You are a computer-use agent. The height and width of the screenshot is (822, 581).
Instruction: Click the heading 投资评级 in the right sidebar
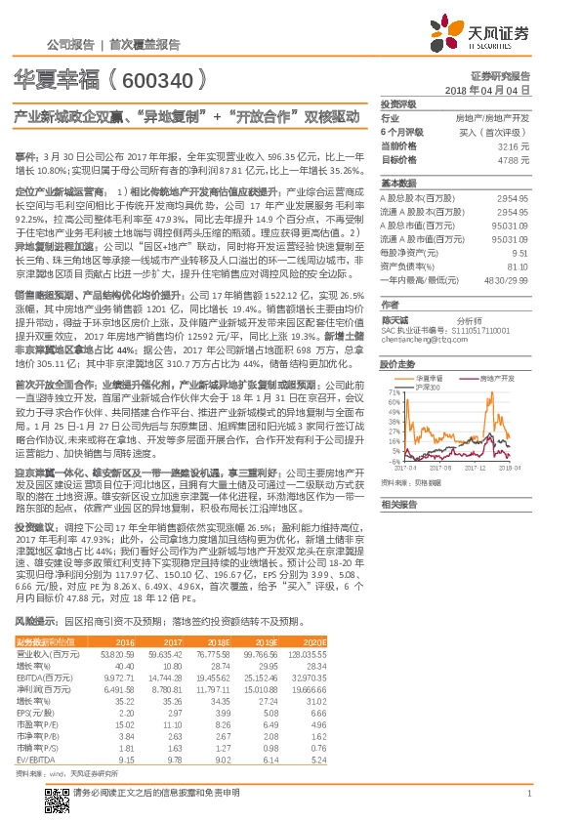[x=397, y=103]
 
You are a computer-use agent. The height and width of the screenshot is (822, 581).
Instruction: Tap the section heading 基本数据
[x=397, y=184]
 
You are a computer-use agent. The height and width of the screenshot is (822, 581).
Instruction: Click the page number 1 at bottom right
[x=527, y=794]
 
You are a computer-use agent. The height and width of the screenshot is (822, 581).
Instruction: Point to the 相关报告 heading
[x=397, y=504]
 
